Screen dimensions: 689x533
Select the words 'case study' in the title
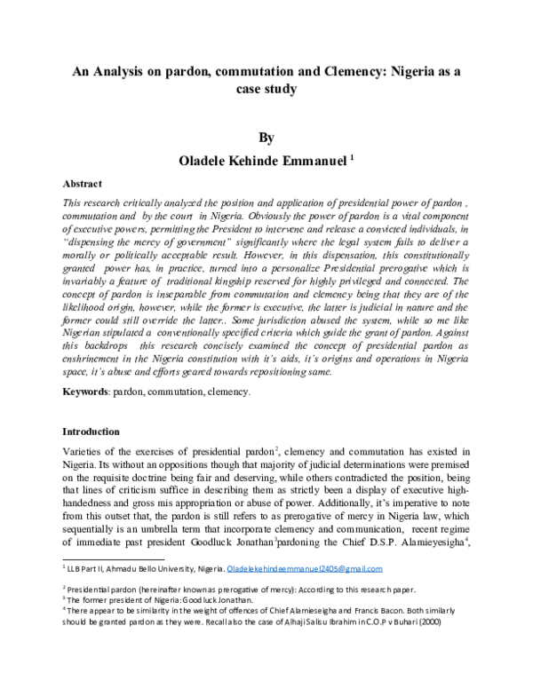pos(266,90)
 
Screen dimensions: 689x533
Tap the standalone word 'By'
pos(266,138)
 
